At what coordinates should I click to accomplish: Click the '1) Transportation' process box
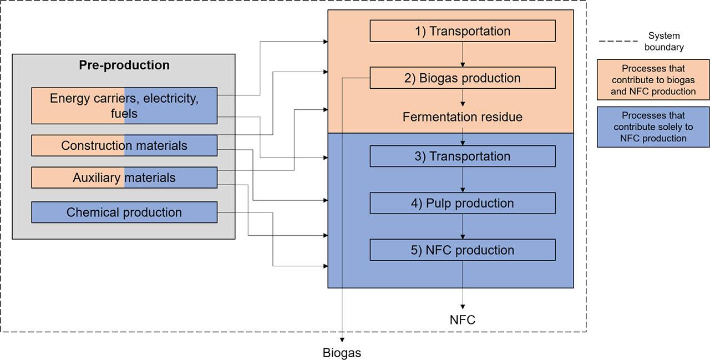click(x=462, y=31)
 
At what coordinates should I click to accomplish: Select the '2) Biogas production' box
click(x=462, y=78)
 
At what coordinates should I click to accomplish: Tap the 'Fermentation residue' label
click(x=462, y=117)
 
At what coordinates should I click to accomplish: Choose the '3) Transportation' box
click(x=462, y=156)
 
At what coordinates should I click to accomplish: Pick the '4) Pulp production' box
click(x=462, y=203)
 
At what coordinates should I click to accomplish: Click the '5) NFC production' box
click(x=462, y=250)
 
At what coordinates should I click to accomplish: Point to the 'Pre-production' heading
click(x=124, y=65)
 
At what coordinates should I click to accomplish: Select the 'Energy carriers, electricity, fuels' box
click(x=124, y=105)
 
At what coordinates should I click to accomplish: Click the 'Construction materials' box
click(x=124, y=145)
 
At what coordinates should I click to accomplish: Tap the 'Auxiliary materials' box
click(x=124, y=178)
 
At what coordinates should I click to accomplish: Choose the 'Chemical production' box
click(x=124, y=212)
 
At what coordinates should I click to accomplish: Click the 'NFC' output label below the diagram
click(x=462, y=320)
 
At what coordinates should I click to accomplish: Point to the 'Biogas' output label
click(x=342, y=353)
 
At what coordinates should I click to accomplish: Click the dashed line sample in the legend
click(x=618, y=41)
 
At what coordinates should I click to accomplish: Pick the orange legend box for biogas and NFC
click(x=653, y=80)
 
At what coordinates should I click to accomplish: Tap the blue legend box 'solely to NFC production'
click(x=653, y=127)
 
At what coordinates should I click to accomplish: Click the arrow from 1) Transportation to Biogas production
click(x=463, y=54)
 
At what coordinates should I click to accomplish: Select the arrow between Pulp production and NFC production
click(x=463, y=226)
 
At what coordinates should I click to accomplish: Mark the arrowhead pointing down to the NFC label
click(x=463, y=306)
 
